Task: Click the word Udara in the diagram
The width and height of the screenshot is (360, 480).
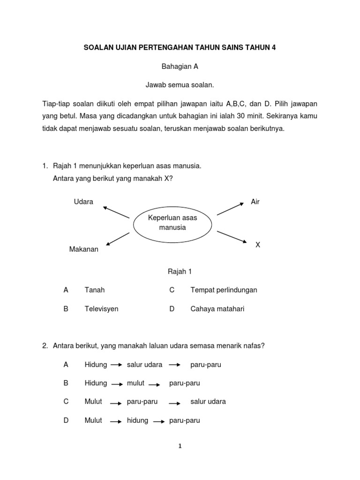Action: coord(83,202)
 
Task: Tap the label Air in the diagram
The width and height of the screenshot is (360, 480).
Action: coord(255,202)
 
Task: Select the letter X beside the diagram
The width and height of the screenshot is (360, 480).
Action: coord(257,245)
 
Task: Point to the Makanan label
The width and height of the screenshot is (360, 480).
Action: coord(84,249)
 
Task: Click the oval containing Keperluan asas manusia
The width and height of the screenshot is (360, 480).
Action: coord(172,223)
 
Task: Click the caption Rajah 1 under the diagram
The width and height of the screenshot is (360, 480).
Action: coord(180,271)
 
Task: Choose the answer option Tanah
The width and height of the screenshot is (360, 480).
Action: coord(95,290)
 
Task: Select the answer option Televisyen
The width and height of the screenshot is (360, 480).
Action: coord(101,309)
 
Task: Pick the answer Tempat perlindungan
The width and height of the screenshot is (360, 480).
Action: coord(224,290)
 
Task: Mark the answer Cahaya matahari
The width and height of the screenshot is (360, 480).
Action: coord(217,309)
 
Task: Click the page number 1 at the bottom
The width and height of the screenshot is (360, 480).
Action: coord(180,447)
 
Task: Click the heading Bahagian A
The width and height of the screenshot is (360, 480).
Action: coord(180,67)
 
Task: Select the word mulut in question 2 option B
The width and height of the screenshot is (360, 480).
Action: coord(135,383)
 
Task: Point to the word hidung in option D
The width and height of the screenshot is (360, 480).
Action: coord(137,420)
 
